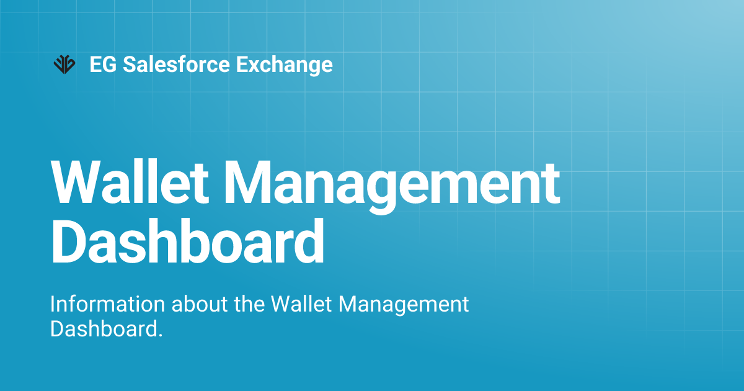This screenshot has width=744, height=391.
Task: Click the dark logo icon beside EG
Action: (x=64, y=64)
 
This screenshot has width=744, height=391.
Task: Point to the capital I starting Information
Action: (x=53, y=305)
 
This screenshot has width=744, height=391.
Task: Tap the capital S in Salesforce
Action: (x=130, y=65)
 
